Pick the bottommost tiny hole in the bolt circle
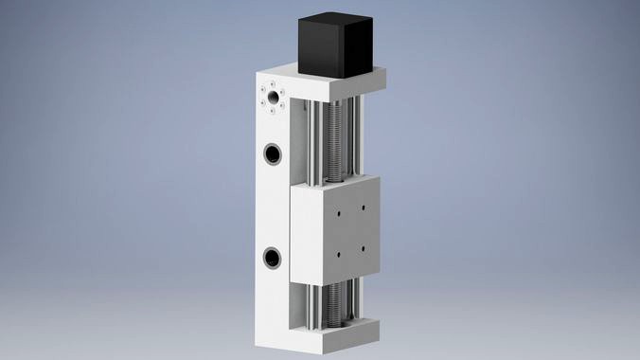[x=273, y=111]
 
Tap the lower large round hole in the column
[x=273, y=256]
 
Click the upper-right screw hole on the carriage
[x=362, y=208]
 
